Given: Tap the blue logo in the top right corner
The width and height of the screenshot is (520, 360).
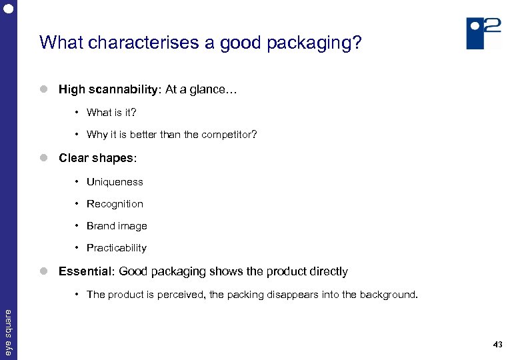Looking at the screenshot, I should pos(483,33).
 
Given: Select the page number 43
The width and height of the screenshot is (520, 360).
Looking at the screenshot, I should pos(497,345).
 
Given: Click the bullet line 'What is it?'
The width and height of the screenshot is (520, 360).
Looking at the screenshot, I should pos(111,113).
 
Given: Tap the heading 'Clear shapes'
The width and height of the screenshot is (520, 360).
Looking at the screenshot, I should pos(97,158).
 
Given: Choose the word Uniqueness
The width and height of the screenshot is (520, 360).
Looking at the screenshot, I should pos(115,182).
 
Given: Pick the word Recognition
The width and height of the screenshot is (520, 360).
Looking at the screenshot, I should pos(115,204).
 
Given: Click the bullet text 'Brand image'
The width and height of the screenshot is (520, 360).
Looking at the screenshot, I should pos(117,226).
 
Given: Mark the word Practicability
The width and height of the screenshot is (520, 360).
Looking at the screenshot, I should pos(117,248).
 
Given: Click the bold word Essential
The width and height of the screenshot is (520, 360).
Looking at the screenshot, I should pos(84,271).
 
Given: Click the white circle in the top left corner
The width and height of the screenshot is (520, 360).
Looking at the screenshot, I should pos(8,9).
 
